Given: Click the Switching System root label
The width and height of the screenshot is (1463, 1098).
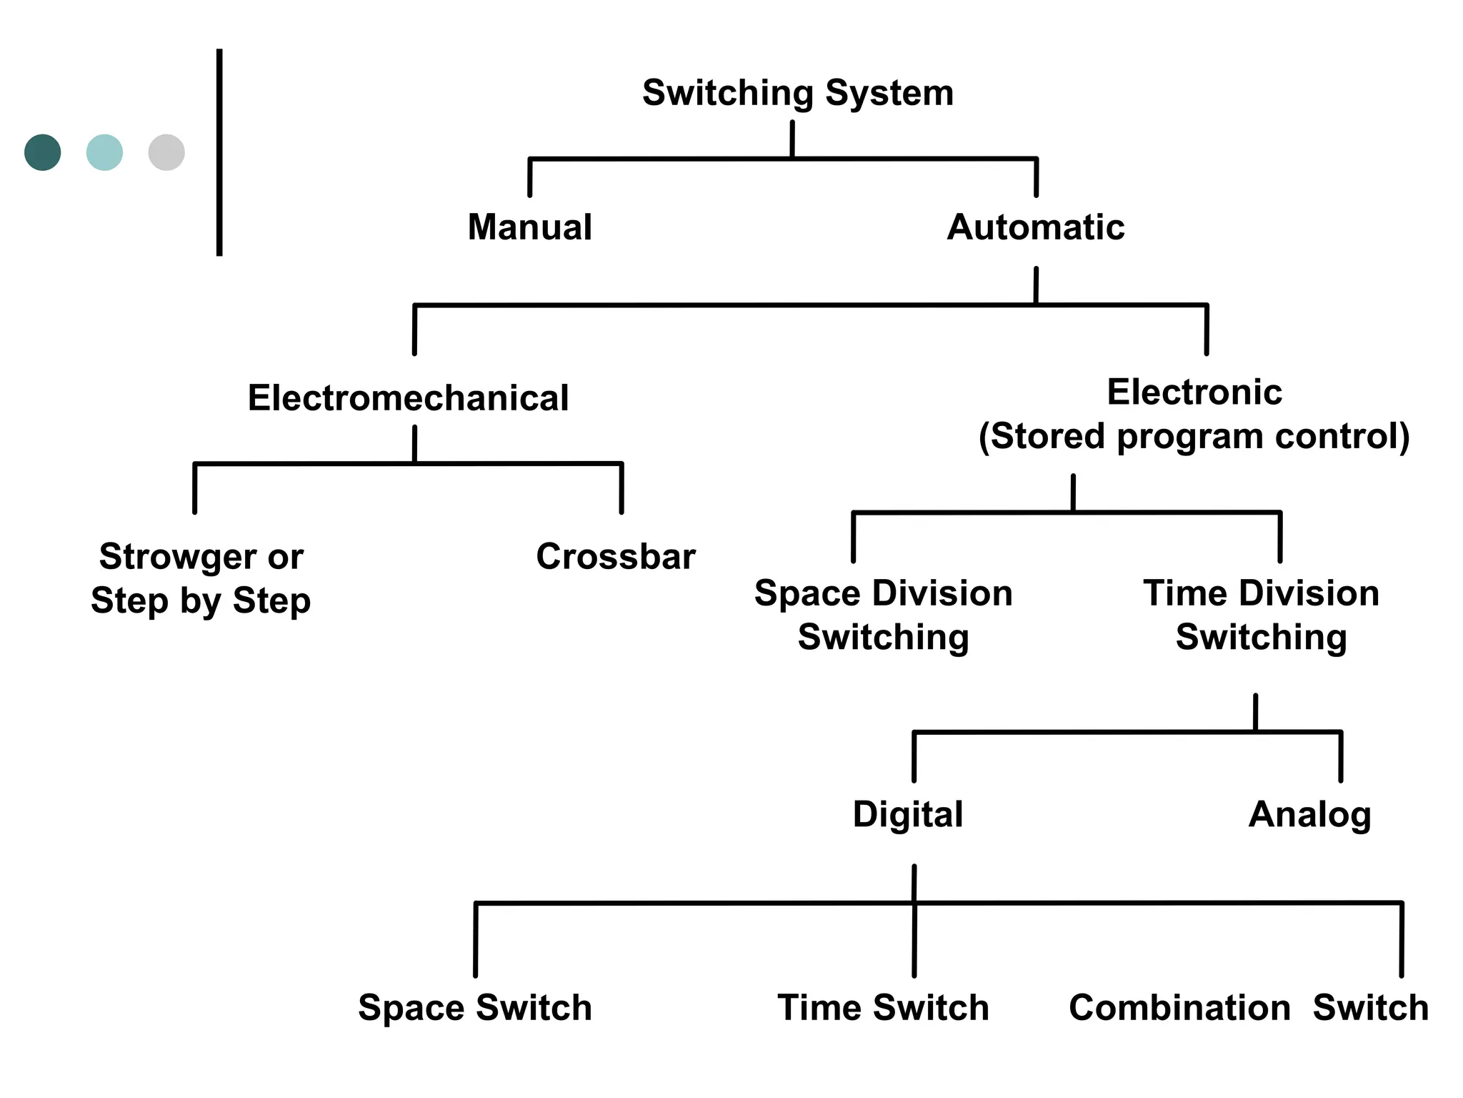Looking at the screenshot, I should pyautogui.click(x=797, y=93).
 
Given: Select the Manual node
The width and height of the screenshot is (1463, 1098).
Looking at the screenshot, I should pyautogui.click(x=529, y=227).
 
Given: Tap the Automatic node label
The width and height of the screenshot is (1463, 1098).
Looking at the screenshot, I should pyautogui.click(x=1035, y=227).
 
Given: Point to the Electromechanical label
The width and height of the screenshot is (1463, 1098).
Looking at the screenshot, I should pyautogui.click(x=408, y=398).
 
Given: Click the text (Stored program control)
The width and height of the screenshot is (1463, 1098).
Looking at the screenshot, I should pyautogui.click(x=1194, y=436).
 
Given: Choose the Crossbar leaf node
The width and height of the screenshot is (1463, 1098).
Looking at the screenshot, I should pyautogui.click(x=615, y=557).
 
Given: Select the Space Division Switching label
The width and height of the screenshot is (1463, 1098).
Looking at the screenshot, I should pyautogui.click(x=883, y=615).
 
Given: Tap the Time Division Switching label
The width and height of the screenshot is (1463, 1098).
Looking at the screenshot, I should pyautogui.click(x=1261, y=615).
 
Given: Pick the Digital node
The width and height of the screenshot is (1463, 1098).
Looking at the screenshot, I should pyautogui.click(x=907, y=814).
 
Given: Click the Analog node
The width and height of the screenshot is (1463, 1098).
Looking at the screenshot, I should pyautogui.click(x=1309, y=814).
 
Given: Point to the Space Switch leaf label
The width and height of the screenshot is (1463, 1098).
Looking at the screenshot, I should pyautogui.click(x=475, y=1008).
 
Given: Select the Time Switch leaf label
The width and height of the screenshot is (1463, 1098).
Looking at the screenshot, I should pyautogui.click(x=883, y=1008).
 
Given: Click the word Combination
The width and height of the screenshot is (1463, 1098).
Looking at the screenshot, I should pyautogui.click(x=1179, y=1008).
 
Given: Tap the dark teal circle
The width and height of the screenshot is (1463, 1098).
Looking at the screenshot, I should pyautogui.click(x=43, y=152).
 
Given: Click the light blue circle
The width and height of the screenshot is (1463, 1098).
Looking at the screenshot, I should pyautogui.click(x=104, y=152).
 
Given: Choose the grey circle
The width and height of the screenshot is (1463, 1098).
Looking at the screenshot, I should pyautogui.click(x=166, y=152).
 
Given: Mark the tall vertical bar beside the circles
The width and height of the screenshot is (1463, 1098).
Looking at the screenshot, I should pyautogui.click(x=219, y=152).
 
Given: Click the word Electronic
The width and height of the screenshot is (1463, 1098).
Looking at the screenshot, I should pyautogui.click(x=1194, y=392).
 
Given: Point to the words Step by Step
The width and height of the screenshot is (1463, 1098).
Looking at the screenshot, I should pyautogui.click(x=201, y=600).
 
